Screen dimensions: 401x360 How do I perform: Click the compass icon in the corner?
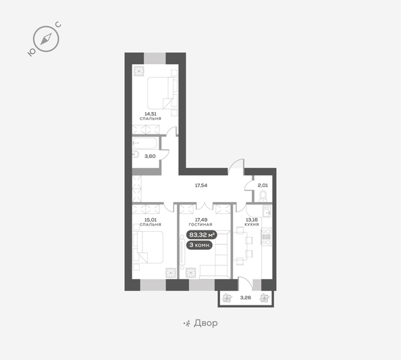[46, 39]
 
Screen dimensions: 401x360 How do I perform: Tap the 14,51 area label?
[151, 114]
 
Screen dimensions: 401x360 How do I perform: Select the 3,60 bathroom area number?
[150, 156]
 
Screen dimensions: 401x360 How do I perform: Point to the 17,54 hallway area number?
[201, 185]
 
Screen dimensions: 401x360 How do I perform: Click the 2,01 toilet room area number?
[263, 185]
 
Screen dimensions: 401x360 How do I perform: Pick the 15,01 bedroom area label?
[151, 220]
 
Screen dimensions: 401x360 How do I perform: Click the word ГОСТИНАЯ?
[200, 224]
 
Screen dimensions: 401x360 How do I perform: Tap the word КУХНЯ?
[252, 224]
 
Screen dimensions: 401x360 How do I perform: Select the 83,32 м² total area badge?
[202, 234]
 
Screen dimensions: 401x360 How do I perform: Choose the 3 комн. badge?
[199, 245]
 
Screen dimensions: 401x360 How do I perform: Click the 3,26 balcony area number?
[246, 298]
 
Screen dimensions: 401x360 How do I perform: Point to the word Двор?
[206, 323]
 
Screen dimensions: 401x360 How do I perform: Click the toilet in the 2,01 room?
[263, 196]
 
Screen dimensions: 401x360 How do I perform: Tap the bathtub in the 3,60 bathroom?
[144, 143]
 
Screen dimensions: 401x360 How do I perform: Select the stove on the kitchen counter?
[266, 237]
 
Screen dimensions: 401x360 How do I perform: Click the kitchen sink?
[267, 211]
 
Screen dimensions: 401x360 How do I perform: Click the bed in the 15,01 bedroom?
[148, 247]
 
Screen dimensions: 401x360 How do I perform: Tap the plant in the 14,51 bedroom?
[139, 71]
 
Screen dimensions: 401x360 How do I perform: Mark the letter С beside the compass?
[58, 24]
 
